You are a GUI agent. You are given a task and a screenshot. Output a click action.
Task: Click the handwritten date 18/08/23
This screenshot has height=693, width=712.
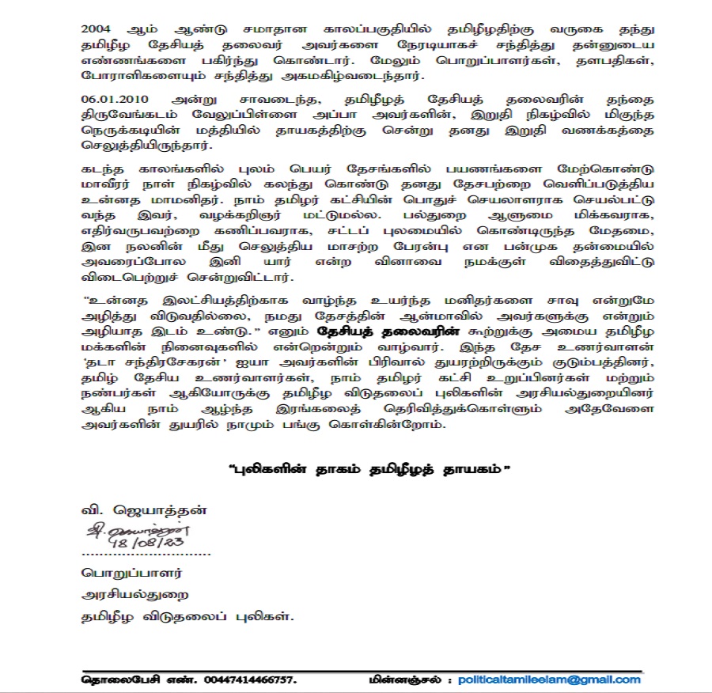155,543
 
